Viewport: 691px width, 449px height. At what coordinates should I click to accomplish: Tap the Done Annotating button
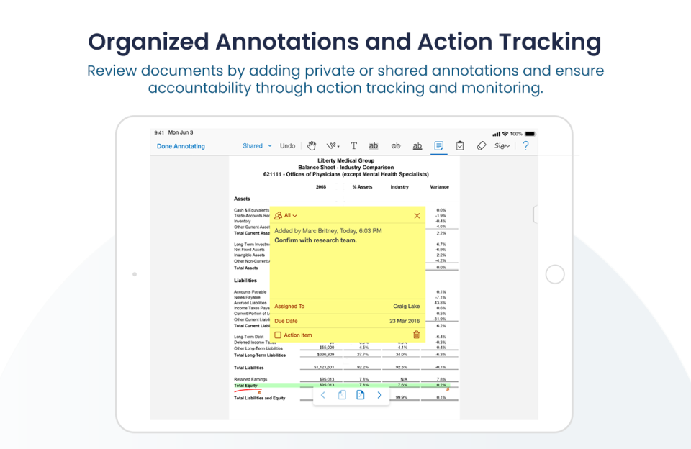tap(181, 146)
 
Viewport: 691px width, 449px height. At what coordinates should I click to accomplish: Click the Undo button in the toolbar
tap(287, 146)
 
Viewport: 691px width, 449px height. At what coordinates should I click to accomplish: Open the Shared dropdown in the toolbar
tap(257, 146)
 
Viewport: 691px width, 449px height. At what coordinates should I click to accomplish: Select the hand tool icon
tap(312, 146)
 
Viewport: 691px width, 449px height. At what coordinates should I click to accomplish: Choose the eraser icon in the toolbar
tap(482, 146)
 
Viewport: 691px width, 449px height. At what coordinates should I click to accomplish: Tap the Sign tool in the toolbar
tap(502, 146)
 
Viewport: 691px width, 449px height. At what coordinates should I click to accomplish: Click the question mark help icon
tap(525, 146)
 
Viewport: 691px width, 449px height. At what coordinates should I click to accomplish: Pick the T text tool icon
tap(353, 146)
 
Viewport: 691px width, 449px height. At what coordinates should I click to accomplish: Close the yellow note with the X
tap(417, 216)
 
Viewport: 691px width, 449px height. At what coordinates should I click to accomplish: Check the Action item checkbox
tap(278, 335)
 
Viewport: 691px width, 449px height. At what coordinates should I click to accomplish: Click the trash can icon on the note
tap(416, 335)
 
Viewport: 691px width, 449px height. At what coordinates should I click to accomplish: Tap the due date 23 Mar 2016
tap(405, 321)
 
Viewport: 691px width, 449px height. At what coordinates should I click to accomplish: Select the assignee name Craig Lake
tap(406, 307)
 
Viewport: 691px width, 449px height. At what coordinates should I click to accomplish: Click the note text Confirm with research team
tap(315, 240)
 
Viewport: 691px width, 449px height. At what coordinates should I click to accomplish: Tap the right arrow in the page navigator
tap(379, 395)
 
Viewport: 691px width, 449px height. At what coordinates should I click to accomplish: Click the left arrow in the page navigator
tap(323, 395)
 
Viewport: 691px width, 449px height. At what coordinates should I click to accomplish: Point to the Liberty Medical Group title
tap(345, 161)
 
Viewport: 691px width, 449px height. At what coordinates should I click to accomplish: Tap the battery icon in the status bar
tap(530, 134)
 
